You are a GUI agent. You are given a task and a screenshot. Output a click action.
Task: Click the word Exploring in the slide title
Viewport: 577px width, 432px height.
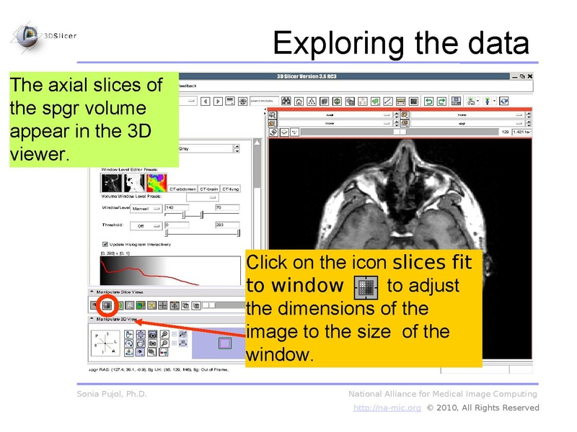point(339,43)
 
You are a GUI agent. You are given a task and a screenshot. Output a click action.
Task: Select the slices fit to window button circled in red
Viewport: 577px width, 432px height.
point(107,305)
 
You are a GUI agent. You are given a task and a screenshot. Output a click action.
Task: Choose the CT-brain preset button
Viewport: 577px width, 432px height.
point(209,189)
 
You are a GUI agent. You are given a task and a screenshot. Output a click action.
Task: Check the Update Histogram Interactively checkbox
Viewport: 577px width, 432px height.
point(106,243)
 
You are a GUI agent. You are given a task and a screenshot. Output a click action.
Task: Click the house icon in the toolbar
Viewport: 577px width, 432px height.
point(311,101)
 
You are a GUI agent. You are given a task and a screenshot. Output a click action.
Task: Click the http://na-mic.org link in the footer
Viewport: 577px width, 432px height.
point(387,408)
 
